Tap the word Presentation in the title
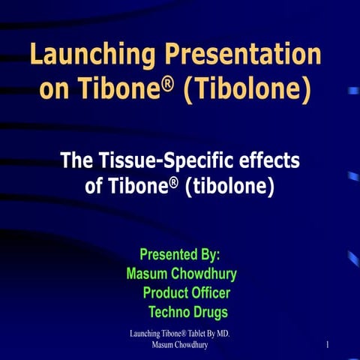pos(247,55)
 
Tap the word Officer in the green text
pos(211,293)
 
